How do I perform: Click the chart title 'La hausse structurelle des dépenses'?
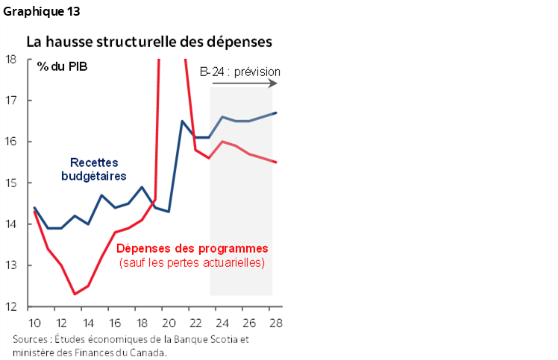coord(149,42)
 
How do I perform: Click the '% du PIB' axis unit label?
coord(60,66)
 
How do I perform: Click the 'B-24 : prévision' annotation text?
coord(240,72)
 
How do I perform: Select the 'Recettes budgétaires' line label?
coord(94,169)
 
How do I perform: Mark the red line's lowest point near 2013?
coord(75,294)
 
